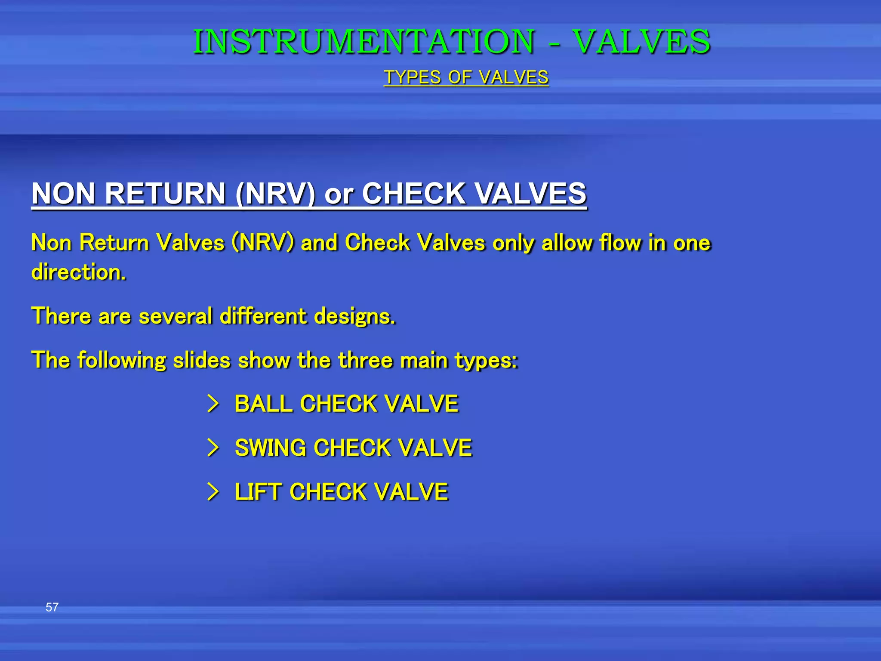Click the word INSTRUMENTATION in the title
363,42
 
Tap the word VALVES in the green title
641,42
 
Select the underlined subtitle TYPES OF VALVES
466,77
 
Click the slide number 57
52,607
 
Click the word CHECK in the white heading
413,193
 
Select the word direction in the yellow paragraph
78,272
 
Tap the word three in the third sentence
365,360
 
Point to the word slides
201,360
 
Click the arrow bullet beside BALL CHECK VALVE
213,404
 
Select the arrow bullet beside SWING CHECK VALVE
213,448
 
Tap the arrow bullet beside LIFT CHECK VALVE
213,491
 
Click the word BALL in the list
263,404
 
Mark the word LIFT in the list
258,491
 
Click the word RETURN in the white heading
165,193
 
